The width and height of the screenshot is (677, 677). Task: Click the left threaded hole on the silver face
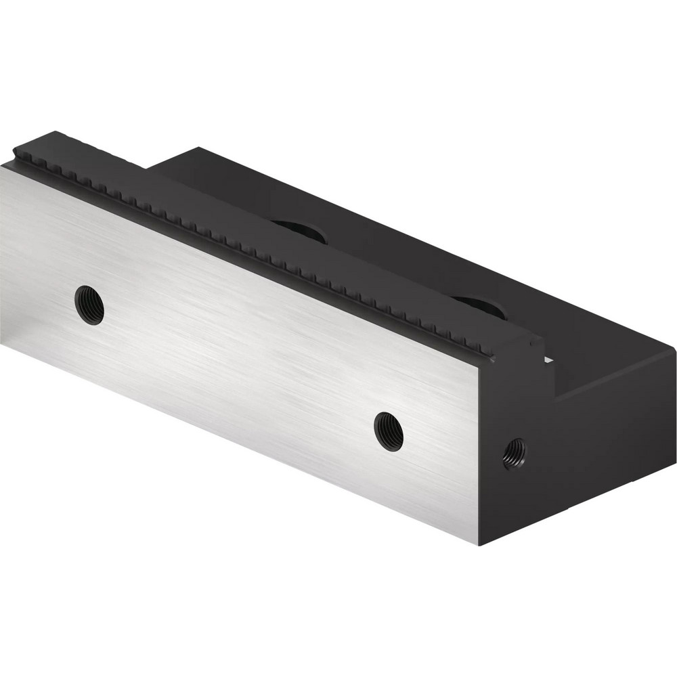[x=89, y=305]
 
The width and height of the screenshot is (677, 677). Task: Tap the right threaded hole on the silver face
[x=389, y=431]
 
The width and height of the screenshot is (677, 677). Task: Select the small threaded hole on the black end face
[x=515, y=453]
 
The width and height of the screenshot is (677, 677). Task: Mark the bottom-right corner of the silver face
[x=479, y=545]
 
